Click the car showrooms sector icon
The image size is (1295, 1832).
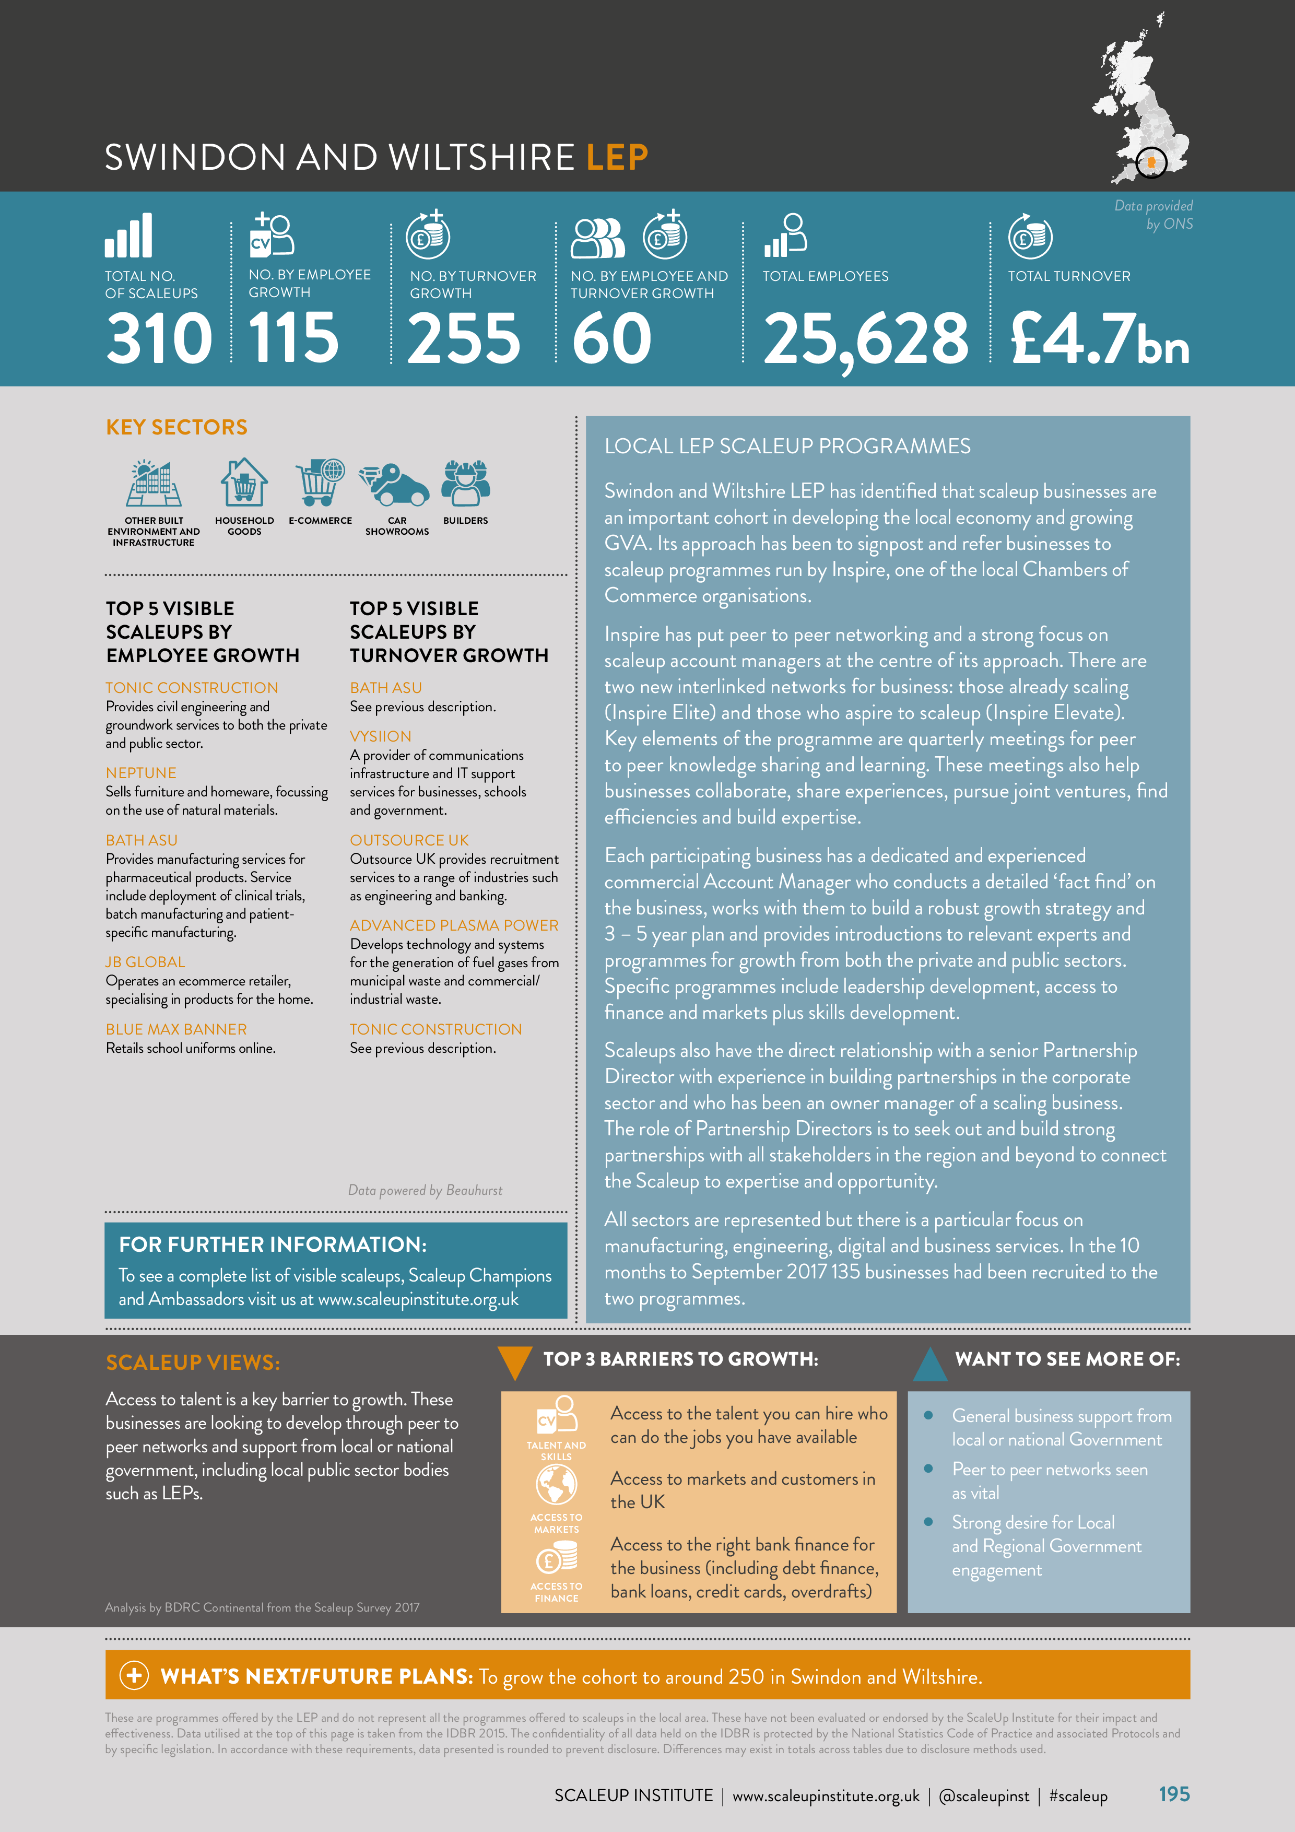(x=396, y=484)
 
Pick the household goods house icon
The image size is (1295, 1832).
(x=244, y=483)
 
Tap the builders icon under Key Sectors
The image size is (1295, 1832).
(x=465, y=483)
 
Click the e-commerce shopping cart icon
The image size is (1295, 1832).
(x=320, y=482)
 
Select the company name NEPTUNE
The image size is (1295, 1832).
(x=141, y=772)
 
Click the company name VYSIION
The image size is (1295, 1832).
(x=381, y=736)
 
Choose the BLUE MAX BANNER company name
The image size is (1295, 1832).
(x=176, y=1029)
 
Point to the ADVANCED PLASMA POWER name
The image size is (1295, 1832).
(x=454, y=925)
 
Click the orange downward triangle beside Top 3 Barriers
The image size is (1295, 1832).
(x=515, y=1362)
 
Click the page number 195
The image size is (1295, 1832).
(x=1174, y=1794)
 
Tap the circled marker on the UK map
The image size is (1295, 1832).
(x=1150, y=163)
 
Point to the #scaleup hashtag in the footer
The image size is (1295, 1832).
(x=1078, y=1796)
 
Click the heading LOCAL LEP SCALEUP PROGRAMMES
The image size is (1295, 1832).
(x=787, y=446)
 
